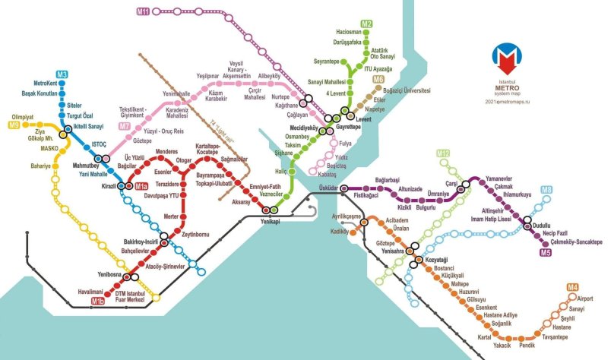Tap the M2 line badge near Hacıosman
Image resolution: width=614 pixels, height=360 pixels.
(x=366, y=24)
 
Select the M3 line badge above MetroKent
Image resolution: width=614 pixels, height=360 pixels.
(x=62, y=74)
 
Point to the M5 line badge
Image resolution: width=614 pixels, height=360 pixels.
(x=545, y=251)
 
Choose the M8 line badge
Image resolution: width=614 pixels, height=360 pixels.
(x=546, y=190)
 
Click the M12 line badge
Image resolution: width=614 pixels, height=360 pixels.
(x=443, y=154)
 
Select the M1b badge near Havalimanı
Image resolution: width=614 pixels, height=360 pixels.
(x=98, y=302)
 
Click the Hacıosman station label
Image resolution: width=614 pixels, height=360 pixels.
(x=348, y=32)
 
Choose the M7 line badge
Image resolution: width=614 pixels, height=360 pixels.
(x=124, y=126)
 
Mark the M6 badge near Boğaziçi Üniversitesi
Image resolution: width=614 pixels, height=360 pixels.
(x=378, y=79)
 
